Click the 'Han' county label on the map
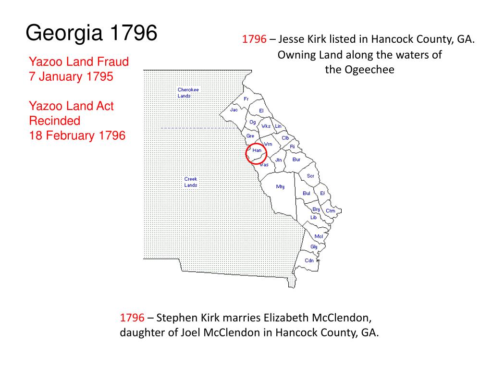[257, 150]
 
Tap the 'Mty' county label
[280, 186]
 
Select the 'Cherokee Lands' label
[188, 93]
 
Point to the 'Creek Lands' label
[191, 182]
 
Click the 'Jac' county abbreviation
[234, 110]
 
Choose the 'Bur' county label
[296, 160]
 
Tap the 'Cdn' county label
[309, 261]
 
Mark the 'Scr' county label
[310, 176]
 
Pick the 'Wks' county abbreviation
[266, 126]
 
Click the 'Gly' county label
[314, 247]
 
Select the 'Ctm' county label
[331, 211]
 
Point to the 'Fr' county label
[246, 99]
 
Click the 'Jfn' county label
[279, 160]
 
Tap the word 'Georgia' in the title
[64, 34]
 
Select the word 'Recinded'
[55, 121]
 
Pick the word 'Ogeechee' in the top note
[370, 70]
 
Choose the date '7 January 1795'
[71, 76]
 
